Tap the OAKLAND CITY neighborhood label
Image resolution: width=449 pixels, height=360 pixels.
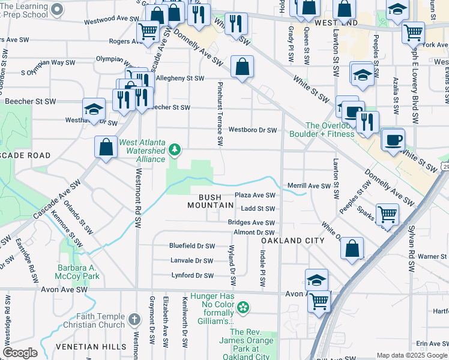(293, 241)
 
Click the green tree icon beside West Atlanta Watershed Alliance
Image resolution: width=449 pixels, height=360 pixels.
(175, 148)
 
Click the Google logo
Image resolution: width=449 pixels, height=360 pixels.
(20, 353)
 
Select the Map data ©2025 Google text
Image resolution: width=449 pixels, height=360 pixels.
(411, 355)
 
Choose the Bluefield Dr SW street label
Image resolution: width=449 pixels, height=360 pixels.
(191, 246)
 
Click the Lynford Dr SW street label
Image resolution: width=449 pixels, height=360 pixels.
(191, 275)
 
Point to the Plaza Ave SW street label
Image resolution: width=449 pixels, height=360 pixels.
(255, 195)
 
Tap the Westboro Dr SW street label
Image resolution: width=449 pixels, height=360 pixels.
(252, 130)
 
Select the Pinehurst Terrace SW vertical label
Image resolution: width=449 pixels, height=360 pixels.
(220, 114)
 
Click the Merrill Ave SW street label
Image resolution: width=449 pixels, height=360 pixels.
(309, 186)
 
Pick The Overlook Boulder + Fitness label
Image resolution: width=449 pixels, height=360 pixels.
(330, 130)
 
